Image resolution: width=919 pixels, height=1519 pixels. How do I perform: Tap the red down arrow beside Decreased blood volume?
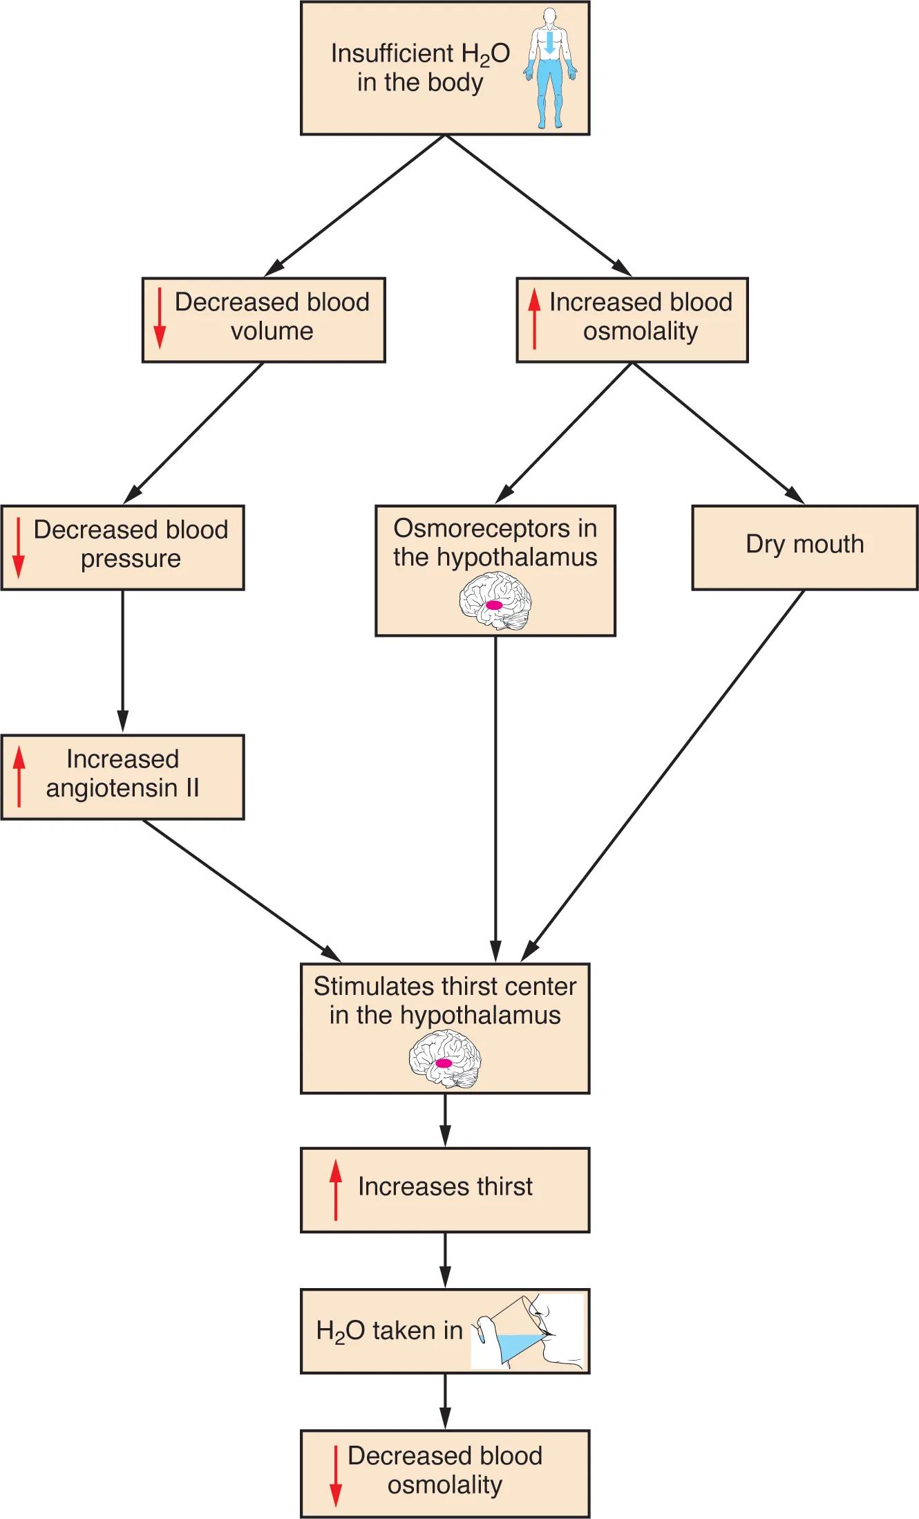[x=160, y=318]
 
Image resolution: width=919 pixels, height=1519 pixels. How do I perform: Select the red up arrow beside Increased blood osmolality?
[x=534, y=319]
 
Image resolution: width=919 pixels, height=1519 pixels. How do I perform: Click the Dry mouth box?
[x=804, y=546]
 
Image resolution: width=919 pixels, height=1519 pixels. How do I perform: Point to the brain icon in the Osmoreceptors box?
[x=495, y=603]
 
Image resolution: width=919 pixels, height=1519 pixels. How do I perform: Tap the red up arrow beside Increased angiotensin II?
[x=19, y=776]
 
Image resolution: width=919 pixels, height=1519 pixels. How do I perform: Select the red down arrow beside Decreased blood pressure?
[x=19, y=547]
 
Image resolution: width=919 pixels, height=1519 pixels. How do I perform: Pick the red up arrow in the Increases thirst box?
[x=336, y=1190]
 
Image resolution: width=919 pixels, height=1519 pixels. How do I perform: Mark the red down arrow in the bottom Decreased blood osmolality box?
[x=336, y=1475]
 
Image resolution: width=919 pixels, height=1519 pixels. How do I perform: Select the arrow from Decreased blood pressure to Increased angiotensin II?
[x=123, y=660]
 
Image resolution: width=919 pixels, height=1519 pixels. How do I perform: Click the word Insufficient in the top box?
[x=392, y=54]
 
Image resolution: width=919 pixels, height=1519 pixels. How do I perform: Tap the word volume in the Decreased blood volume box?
[x=272, y=331]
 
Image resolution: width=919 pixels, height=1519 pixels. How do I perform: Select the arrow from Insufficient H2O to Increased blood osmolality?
[x=539, y=205]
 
